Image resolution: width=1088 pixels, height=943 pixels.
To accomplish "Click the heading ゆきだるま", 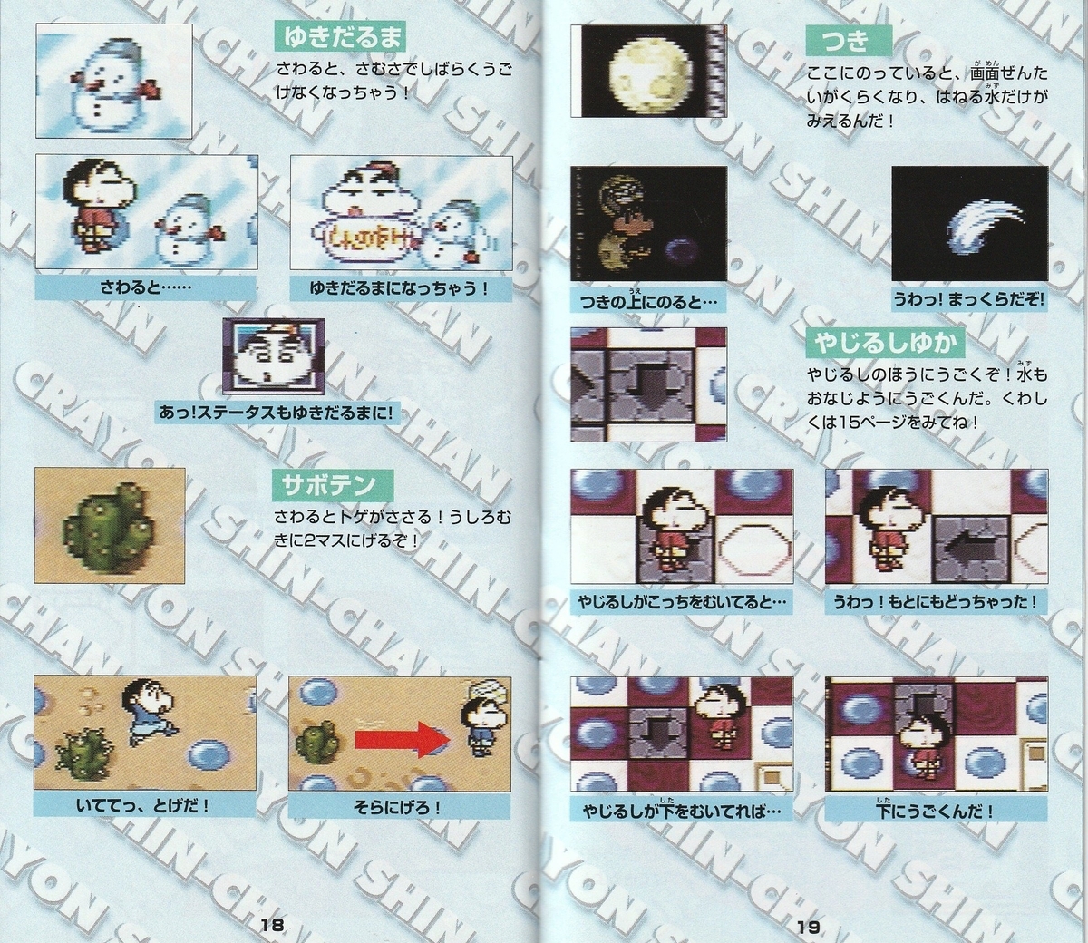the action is coord(340,38).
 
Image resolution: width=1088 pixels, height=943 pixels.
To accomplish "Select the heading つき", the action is coord(849,41).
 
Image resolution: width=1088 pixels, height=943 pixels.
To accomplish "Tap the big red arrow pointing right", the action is coord(403,739).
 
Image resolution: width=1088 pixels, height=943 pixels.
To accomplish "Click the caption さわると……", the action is coord(145,288).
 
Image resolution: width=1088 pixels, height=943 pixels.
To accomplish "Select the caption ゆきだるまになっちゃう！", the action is coord(401,288).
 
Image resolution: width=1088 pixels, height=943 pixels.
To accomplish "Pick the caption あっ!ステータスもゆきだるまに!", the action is coord(277,413).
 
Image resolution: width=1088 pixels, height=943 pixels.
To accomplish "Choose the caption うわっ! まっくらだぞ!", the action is coord(968,301).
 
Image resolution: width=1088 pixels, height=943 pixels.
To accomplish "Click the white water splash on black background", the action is coord(984,223).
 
